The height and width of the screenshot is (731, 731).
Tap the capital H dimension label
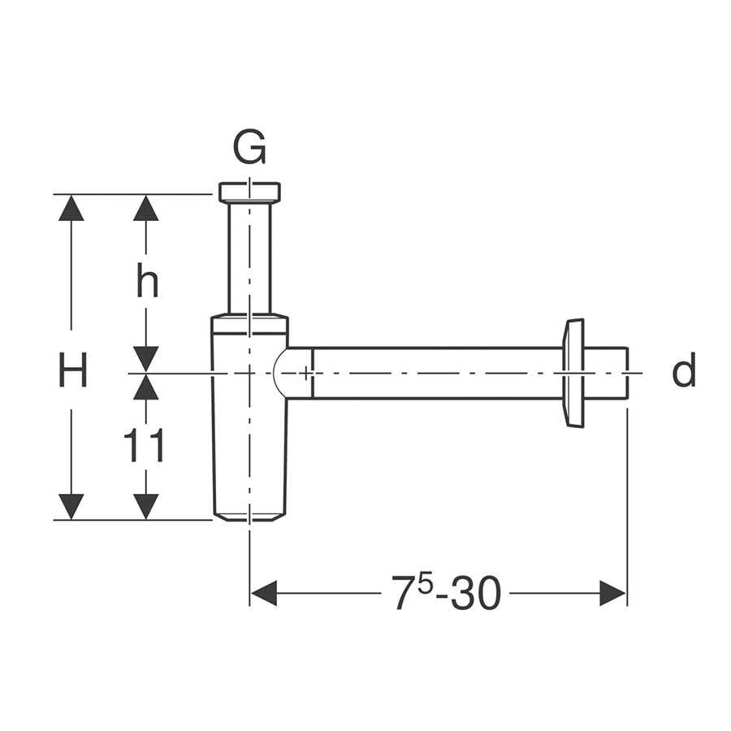[72, 370]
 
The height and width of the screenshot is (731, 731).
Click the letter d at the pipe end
[684, 370]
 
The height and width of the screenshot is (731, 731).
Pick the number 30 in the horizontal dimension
[475, 593]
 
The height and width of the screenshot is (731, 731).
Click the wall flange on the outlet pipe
[573, 373]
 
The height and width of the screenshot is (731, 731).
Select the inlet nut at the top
[249, 192]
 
